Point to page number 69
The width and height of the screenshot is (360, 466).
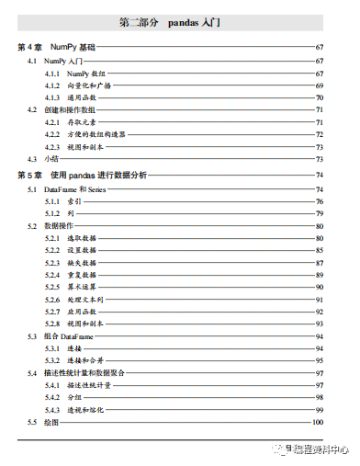(x=320, y=84)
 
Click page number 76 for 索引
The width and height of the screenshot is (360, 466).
(x=320, y=200)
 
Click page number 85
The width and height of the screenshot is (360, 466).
(x=320, y=249)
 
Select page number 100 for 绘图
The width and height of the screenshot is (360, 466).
(x=318, y=422)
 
